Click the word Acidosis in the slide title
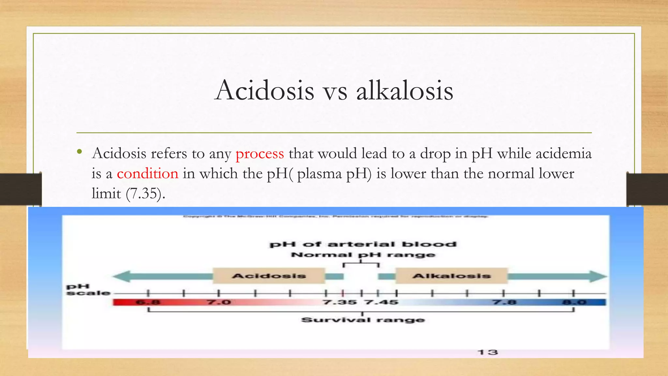tap(265, 90)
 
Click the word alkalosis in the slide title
tap(404, 90)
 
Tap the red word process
tap(260, 153)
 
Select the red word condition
tap(147, 174)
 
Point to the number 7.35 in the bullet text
tap(144, 194)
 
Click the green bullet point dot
tap(79, 152)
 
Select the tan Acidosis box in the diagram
tap(269, 276)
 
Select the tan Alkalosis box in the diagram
tap(451, 276)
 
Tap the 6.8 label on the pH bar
tap(148, 302)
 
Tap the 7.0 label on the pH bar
tap(219, 302)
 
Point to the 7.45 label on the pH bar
tap(382, 302)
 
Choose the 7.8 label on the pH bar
tap(504, 302)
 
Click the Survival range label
tap(363, 320)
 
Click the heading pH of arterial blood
tap(363, 244)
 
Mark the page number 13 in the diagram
tap(488, 352)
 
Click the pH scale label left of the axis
tap(87, 290)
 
